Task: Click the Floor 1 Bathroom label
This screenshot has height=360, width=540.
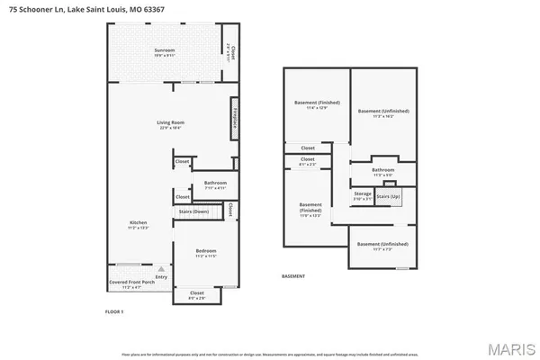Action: click(x=215, y=184)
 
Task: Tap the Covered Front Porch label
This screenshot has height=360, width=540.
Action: click(x=132, y=283)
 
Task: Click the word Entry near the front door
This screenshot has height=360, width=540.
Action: click(x=161, y=276)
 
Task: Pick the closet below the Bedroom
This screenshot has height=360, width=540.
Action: click(x=196, y=293)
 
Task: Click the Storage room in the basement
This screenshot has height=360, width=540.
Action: click(x=362, y=194)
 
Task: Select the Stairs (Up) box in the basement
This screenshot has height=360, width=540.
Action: click(x=388, y=195)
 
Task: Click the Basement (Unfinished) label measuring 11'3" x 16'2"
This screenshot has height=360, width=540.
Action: click(x=383, y=112)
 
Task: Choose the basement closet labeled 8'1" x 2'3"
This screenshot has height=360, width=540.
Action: click(x=307, y=163)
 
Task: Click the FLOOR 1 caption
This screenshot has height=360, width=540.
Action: click(x=115, y=310)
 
